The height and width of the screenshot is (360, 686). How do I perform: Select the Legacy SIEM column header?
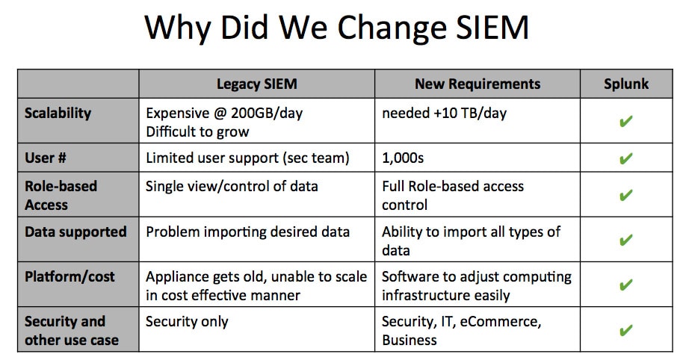click(x=257, y=84)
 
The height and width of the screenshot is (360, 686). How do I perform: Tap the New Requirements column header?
click(x=478, y=84)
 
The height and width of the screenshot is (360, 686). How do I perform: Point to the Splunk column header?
click(x=626, y=84)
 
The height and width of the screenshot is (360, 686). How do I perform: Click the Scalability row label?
click(x=58, y=114)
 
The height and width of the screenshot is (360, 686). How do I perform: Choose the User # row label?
click(x=46, y=158)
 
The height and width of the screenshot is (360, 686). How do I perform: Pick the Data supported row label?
click(x=75, y=232)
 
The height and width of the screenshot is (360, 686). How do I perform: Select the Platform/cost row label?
click(x=69, y=276)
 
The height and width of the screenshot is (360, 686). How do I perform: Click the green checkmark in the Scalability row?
click(x=626, y=121)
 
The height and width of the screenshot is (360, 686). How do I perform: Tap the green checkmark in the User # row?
click(x=626, y=158)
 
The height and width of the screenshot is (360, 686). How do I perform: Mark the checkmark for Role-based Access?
click(x=626, y=195)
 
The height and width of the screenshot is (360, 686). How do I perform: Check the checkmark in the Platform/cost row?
click(x=626, y=285)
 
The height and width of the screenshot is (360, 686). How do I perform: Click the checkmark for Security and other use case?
click(x=626, y=329)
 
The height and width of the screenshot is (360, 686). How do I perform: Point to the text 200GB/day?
click(x=267, y=114)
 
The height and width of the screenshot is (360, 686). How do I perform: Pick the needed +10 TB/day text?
click(x=444, y=114)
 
